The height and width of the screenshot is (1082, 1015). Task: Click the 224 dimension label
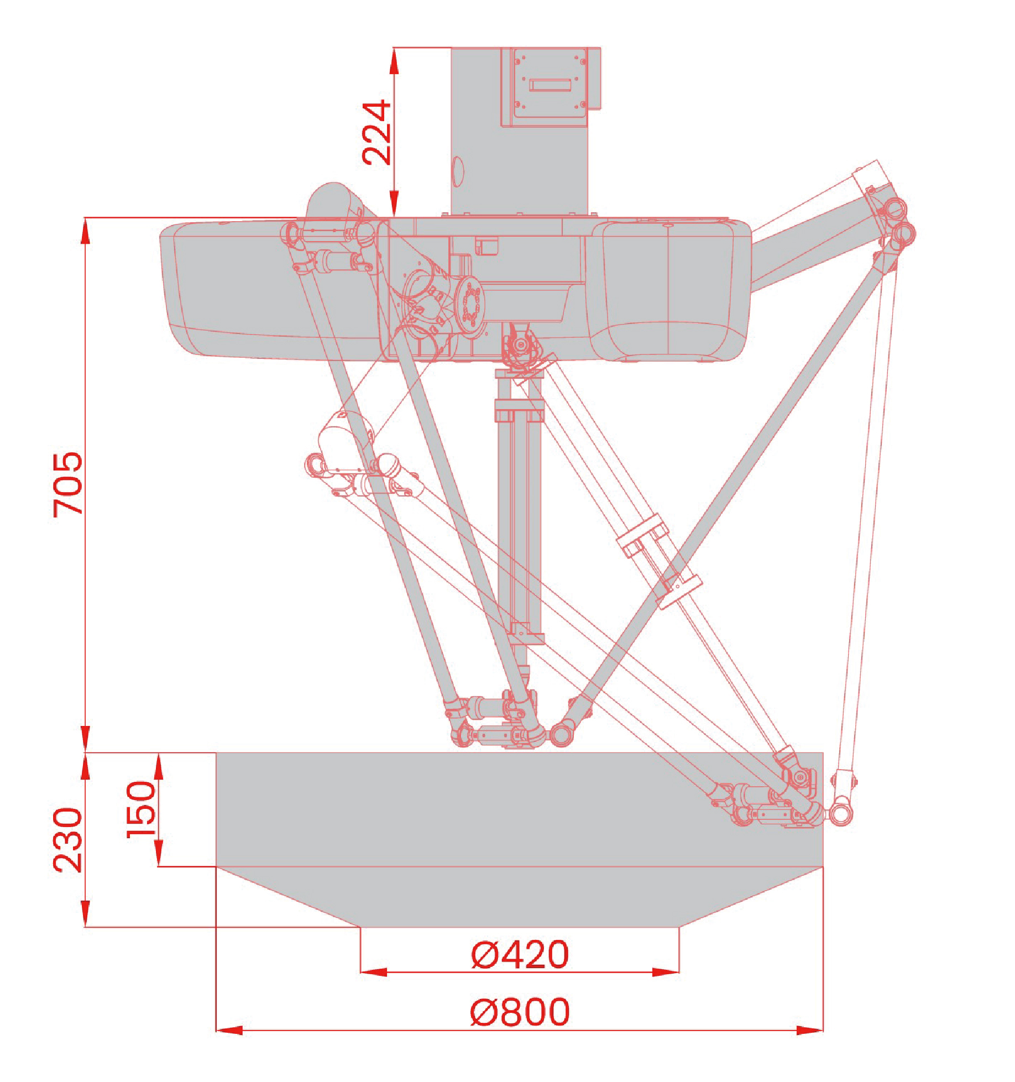coord(376,133)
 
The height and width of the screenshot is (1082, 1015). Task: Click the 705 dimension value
coord(68,484)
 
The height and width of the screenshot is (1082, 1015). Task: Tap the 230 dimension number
coord(68,840)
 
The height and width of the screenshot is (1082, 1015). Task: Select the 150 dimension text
coord(142,809)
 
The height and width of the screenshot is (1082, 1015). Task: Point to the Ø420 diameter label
coord(520,954)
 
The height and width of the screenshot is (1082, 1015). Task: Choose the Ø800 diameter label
coord(520,1011)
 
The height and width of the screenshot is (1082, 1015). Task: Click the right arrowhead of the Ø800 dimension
coord(810,1030)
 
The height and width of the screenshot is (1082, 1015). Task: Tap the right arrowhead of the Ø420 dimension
coord(666,972)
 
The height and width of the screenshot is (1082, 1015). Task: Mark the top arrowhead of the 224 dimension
coord(394,61)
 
